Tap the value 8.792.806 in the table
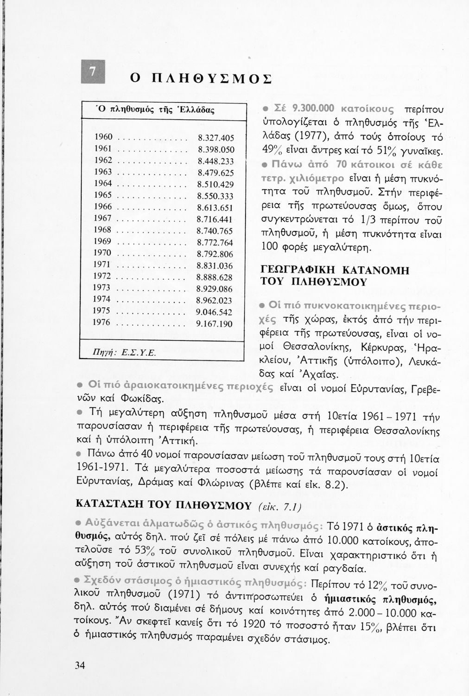(215, 254)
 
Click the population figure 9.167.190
(214, 323)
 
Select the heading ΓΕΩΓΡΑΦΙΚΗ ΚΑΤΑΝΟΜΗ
(333, 270)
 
